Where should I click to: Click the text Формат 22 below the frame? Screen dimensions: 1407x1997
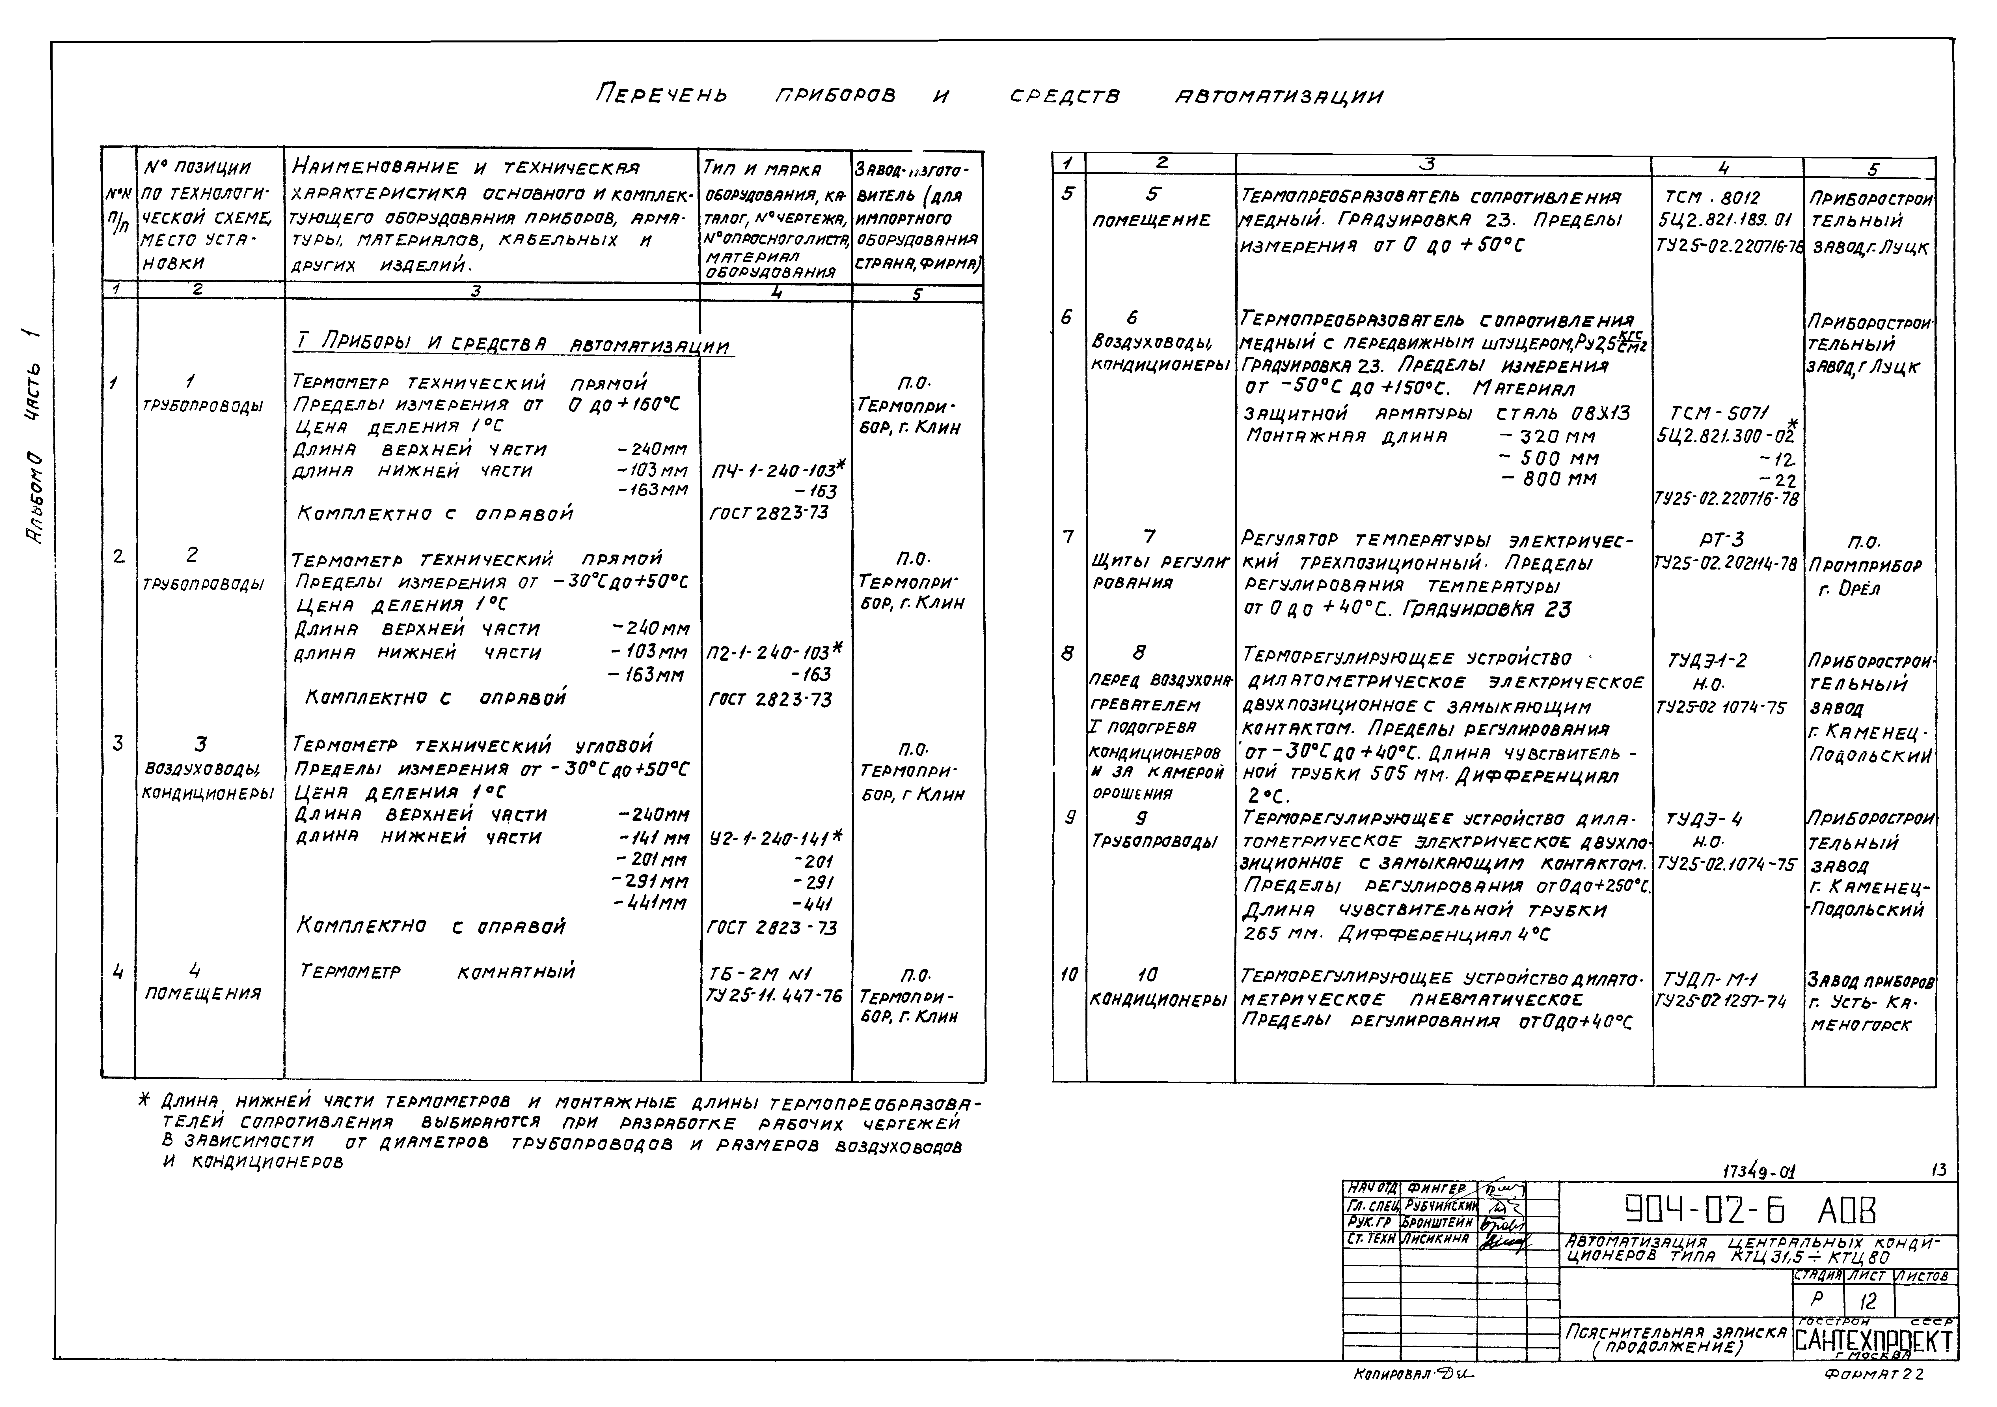[x=1874, y=1375]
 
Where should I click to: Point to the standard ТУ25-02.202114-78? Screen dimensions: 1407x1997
[x=1726, y=564]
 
